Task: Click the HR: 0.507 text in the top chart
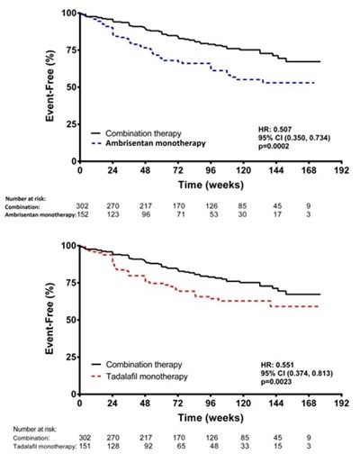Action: click(274, 130)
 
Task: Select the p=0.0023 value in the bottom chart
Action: click(276, 382)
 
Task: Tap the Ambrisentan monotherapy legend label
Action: click(156, 143)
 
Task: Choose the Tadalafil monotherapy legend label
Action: click(147, 377)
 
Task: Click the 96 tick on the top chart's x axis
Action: click(211, 170)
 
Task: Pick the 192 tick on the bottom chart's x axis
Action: click(342, 403)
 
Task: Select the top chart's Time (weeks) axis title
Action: click(211, 185)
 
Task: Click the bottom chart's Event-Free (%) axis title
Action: click(49, 319)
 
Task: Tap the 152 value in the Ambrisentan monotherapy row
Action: click(83, 214)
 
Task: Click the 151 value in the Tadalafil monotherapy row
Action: click(85, 446)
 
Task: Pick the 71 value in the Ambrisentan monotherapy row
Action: click(181, 214)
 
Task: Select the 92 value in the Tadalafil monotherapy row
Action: click(148, 446)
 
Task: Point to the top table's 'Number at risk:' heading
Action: click(25, 198)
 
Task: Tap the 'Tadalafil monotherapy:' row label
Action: click(45, 447)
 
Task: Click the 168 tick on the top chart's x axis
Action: click(309, 170)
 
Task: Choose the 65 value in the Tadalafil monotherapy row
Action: click(181, 446)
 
